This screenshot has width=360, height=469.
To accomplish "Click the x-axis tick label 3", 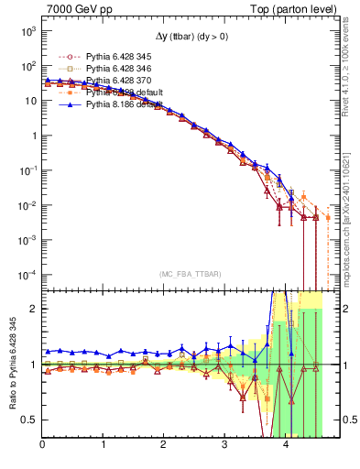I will pos(225,446).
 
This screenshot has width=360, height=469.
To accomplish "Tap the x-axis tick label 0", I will pos(42,446).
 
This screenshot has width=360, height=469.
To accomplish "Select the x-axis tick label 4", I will pos(286,446).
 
